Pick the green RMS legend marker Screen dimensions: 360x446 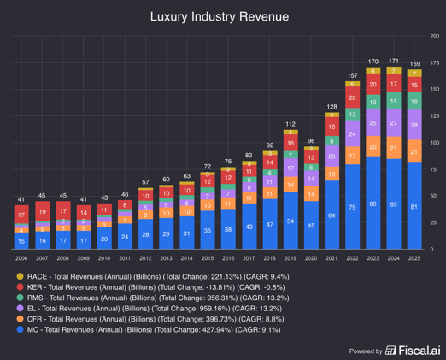coord(21,302)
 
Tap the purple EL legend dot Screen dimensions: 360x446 coord(21,315)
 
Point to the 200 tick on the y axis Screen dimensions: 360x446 coord(435,36)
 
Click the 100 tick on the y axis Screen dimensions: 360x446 coord(435,143)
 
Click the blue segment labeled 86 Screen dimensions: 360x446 coord(373,205)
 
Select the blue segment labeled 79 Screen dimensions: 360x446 coord(352,208)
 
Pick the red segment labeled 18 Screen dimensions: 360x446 coord(332,127)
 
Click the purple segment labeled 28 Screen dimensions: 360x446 coord(414,125)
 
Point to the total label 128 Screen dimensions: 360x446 coord(332,106)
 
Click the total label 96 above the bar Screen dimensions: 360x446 coord(311,140)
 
